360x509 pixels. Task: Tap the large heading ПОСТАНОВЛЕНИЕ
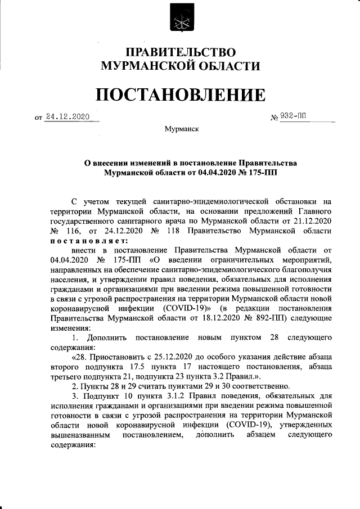point(179,94)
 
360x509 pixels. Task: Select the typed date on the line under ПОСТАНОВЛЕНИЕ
point(68,116)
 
